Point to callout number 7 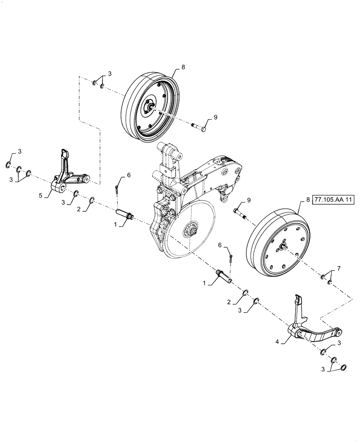tap(339, 268)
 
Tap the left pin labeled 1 tap(124, 215)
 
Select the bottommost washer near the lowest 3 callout tap(343, 367)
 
